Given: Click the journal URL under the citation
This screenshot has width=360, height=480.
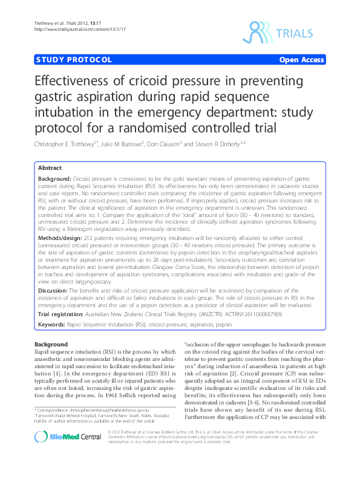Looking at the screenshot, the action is point(67,29).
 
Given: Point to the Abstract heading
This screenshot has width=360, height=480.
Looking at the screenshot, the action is point(50,167).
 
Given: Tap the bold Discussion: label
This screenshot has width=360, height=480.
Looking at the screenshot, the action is point(54,290).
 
